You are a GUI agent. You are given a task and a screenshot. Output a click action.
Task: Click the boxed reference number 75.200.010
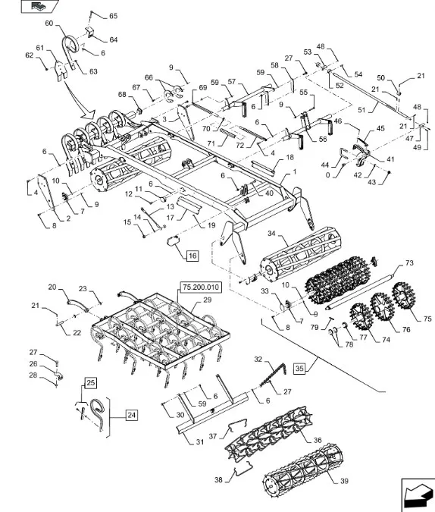[x=201, y=287]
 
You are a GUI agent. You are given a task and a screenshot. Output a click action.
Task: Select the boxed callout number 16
[x=192, y=256]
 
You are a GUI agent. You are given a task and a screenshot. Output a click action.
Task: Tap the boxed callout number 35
[x=299, y=369]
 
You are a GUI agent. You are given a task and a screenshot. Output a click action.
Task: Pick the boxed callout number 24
[x=131, y=415]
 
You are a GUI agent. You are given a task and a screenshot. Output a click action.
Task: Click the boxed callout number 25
[x=91, y=382]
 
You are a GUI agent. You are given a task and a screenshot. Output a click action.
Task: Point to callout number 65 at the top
[x=113, y=16]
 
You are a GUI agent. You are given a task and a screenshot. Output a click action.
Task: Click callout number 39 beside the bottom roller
[x=344, y=481]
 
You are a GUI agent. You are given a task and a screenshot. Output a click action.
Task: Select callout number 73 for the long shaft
[x=409, y=263]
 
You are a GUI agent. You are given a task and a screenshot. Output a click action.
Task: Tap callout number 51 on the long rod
[x=361, y=110]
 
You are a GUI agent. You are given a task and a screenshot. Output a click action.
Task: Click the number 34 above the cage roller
[x=271, y=234]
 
